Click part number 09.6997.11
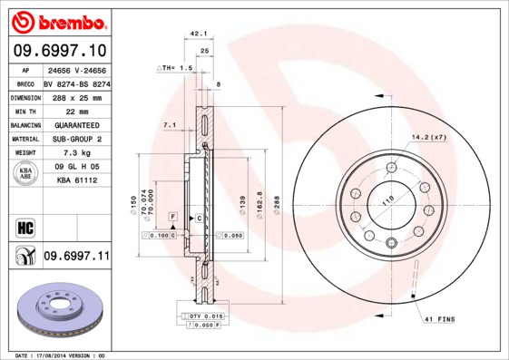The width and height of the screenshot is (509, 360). point(76,257)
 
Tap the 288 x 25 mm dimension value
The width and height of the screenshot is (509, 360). point(76,96)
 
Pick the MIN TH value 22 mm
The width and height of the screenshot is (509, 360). point(76,111)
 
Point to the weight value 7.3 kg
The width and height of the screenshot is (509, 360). point(76,153)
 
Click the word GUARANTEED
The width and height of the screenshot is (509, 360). point(76,124)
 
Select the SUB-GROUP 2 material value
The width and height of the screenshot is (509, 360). point(76,139)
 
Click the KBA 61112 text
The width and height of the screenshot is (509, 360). point(76,180)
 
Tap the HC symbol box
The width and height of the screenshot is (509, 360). point(25,226)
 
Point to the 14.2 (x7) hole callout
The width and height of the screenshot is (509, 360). point(430,137)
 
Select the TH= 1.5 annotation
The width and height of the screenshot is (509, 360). point(175,68)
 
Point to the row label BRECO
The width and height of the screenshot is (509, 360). point(25,83)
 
